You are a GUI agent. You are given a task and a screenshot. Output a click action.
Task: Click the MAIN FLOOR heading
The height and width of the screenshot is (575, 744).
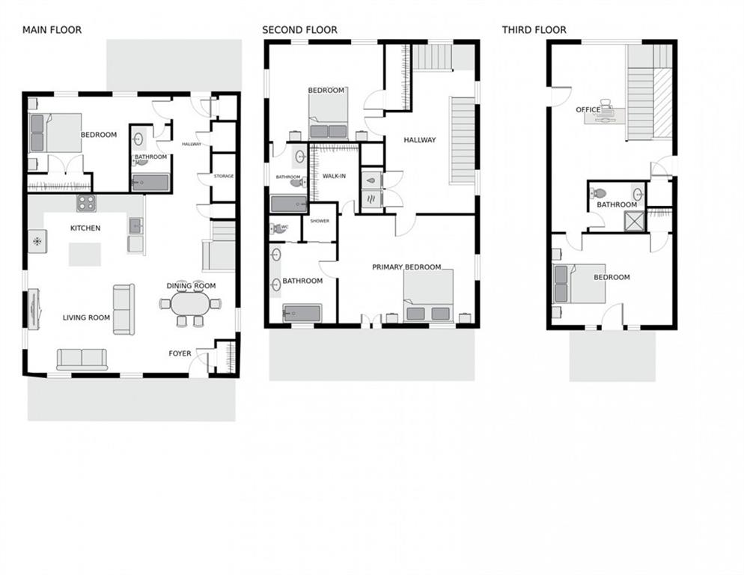pos(52,30)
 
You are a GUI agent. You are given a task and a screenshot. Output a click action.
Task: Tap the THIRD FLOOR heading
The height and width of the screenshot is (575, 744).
pos(534,30)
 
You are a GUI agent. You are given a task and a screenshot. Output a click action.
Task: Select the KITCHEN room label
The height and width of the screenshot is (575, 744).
pos(85,228)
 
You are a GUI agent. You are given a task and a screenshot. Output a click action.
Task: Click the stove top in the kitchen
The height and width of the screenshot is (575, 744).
pos(86,203)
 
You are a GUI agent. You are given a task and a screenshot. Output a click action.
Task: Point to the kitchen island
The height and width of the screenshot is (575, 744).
pos(85,254)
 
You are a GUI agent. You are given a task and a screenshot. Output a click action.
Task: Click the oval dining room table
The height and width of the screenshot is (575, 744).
pos(190,304)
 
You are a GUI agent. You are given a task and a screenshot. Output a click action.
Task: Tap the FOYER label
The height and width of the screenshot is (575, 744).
pos(180,353)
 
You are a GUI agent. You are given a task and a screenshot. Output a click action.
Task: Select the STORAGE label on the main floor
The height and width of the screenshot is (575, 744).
pos(224,176)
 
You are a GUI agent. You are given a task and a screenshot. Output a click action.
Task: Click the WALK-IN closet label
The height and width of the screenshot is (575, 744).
pos(334,176)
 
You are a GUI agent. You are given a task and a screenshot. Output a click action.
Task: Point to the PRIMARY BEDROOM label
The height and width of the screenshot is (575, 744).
pos(406,267)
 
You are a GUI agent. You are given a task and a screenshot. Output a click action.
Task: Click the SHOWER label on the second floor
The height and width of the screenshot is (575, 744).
pos(320,222)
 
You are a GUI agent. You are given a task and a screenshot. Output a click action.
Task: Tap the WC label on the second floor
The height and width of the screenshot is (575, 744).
pos(284,227)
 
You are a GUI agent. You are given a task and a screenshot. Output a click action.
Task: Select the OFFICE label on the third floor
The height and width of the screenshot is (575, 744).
pos(588,109)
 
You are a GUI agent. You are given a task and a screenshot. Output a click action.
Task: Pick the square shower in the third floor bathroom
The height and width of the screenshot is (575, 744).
pos(635,222)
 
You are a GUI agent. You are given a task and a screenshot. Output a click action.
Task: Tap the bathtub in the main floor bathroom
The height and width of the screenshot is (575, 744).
pos(150,183)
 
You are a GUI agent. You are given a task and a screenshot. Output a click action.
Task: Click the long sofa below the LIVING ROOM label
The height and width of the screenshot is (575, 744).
pos(82,359)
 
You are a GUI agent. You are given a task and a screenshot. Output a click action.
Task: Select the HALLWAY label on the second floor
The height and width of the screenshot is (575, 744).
pos(419,140)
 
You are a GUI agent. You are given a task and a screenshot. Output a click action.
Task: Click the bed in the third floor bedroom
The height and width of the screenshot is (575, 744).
pos(580,284)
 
